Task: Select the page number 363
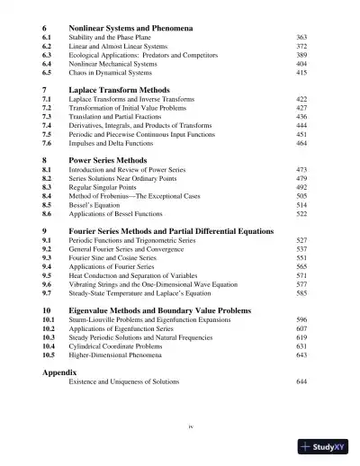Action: point(301,38)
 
